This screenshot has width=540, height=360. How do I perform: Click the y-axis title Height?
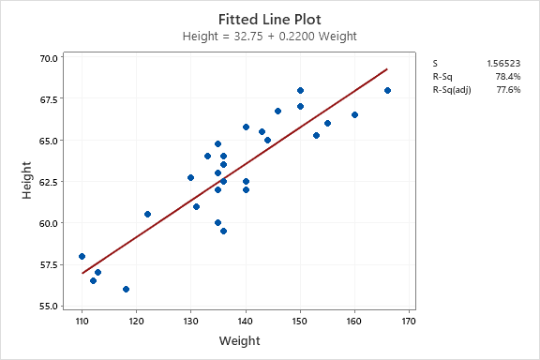(x=27, y=182)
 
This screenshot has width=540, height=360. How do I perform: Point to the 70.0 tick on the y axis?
(x=48, y=58)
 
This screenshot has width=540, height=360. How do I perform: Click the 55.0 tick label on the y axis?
(x=48, y=306)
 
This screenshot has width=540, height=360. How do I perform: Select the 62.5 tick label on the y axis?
(x=48, y=182)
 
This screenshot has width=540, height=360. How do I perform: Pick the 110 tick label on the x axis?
(x=82, y=320)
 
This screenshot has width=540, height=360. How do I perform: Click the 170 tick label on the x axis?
(x=409, y=320)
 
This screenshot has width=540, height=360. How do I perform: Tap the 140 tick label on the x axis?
(x=246, y=320)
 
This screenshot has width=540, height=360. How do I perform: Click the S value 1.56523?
(x=504, y=63)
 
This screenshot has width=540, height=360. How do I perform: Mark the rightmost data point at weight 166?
(x=387, y=91)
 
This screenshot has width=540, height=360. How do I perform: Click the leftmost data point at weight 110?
(x=82, y=256)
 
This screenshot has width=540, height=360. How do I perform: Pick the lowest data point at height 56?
(x=126, y=289)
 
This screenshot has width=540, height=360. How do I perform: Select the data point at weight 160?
(x=354, y=115)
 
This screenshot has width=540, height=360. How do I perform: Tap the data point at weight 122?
(x=147, y=214)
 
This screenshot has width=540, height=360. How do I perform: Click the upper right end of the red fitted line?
(x=386, y=69)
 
